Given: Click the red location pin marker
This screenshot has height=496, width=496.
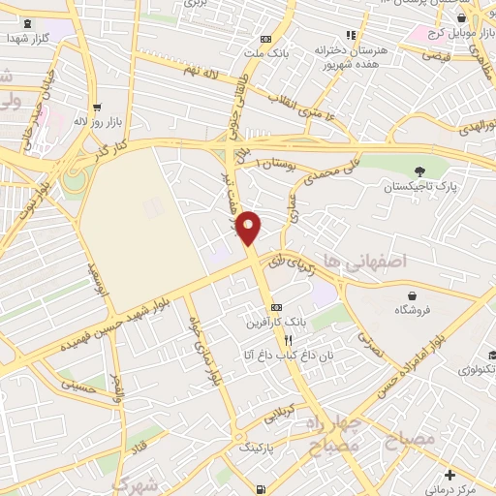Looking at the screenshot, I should [250, 229].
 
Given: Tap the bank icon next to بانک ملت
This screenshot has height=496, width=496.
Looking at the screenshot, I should [264, 40].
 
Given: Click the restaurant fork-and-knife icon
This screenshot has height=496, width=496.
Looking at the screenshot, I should [288, 340].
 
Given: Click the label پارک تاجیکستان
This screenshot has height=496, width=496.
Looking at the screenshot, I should [418, 185].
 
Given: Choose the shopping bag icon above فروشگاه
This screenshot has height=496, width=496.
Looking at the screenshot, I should [413, 295].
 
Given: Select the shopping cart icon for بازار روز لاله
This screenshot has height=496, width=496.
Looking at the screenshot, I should [96, 108].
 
